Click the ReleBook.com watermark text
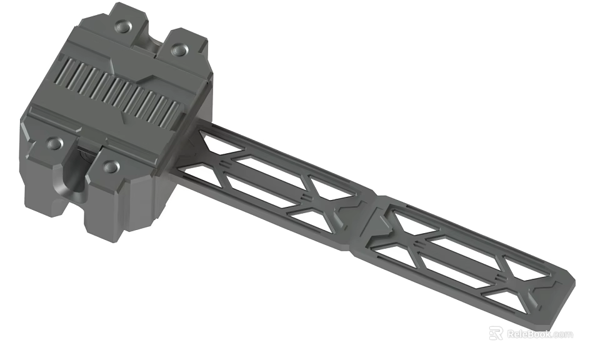point(539,334)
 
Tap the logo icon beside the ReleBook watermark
point(496,334)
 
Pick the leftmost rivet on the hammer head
point(54,144)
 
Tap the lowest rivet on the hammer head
point(111,166)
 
